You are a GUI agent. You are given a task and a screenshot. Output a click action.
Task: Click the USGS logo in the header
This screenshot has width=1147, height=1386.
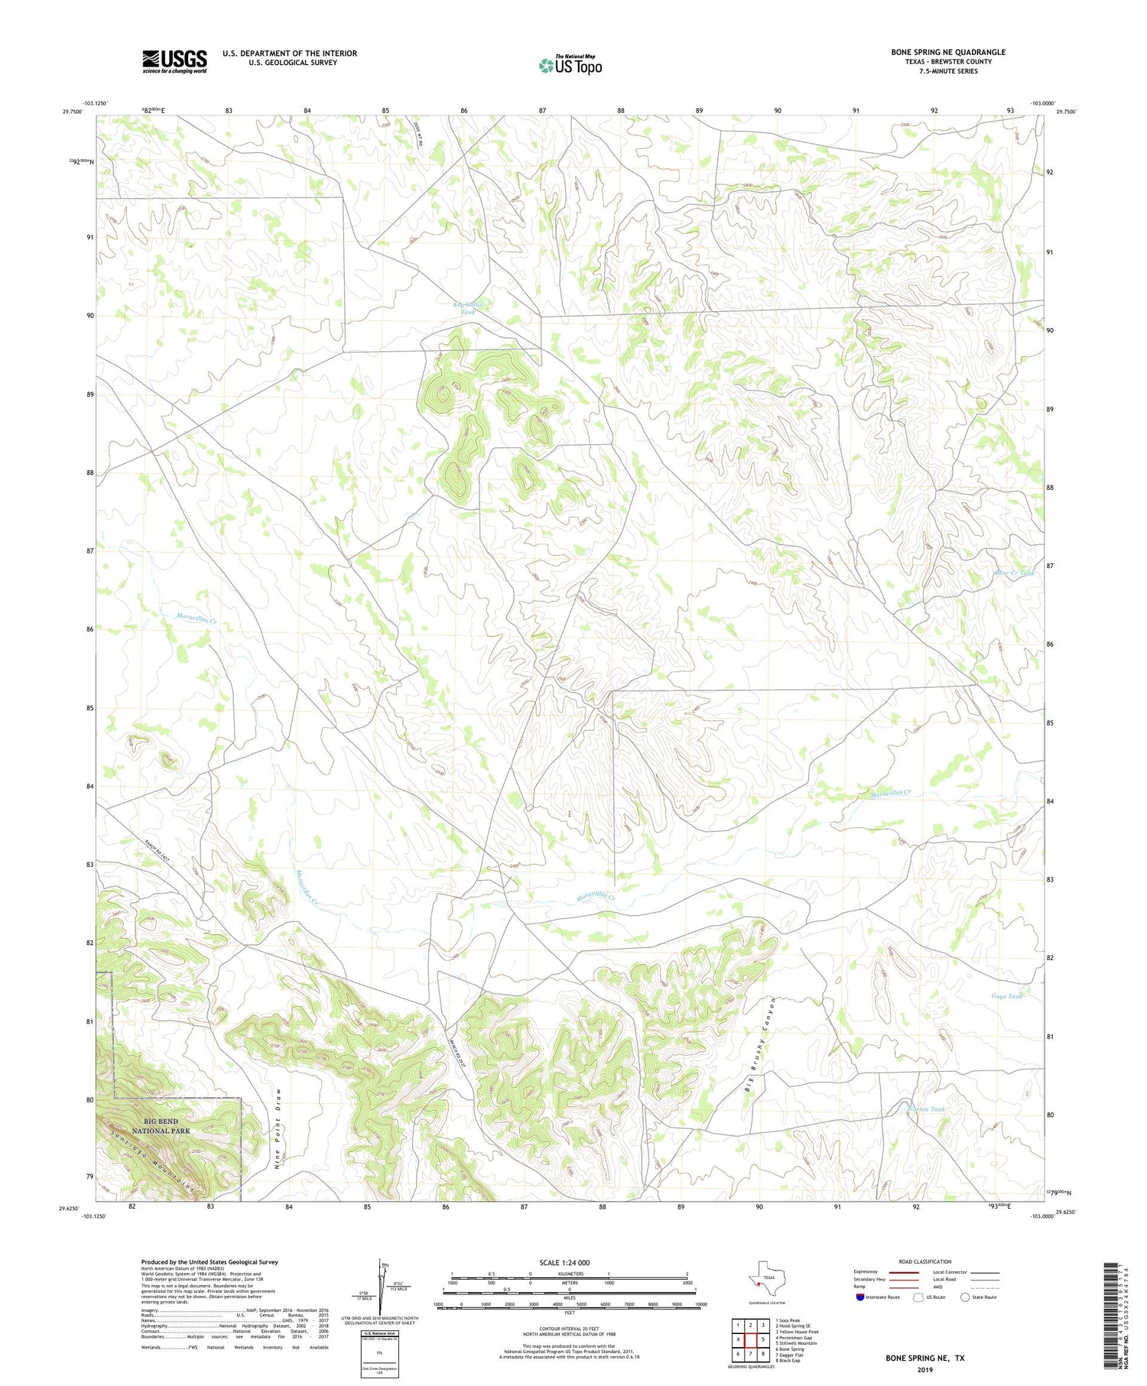point(174,61)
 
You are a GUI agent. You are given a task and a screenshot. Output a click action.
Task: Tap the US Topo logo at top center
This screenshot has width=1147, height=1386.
point(570,65)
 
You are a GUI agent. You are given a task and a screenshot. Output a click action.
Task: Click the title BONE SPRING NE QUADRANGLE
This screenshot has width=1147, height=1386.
point(948,52)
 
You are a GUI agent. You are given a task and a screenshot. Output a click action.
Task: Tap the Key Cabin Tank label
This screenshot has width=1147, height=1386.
point(467,308)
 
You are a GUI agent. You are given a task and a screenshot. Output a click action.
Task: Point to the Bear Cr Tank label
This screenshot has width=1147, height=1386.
point(1014,573)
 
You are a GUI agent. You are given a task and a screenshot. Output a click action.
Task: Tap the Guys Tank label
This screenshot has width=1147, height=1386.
point(1006,996)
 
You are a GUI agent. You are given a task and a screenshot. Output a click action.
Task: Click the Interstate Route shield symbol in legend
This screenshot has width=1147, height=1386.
point(861,1297)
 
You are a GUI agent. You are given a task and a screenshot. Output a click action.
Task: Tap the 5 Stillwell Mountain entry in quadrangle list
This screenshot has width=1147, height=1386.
point(795,1343)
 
